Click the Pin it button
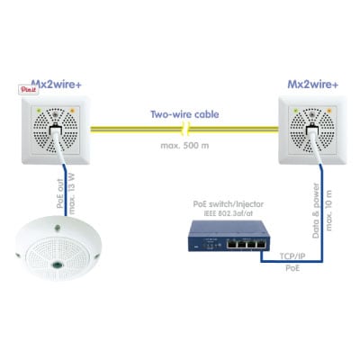coord(28,89)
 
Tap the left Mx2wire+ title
coord(57,84)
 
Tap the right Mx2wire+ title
coord(313,85)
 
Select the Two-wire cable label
coord(184,114)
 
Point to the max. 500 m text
coord(184,146)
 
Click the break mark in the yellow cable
coord(186,129)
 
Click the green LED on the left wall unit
coord(39,111)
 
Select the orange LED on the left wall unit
coord(72,111)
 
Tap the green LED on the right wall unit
coord(295,111)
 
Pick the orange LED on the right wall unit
coord(329,111)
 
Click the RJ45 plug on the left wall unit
coord(56,131)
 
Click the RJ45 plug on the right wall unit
coord(312,131)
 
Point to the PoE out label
coord(60,193)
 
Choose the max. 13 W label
coord(72,193)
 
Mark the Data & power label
coord(316,211)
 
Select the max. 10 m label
coord(328,211)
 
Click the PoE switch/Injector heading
coord(229,204)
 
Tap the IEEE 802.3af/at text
coord(229,214)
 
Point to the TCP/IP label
coord(292,256)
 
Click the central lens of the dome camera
coord(57,265)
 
